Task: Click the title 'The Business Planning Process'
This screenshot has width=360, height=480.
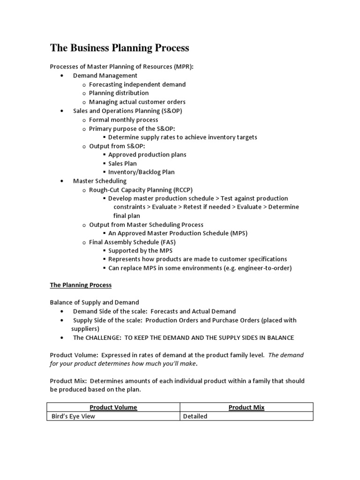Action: tap(120, 48)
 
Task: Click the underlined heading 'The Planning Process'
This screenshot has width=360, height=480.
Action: tap(81, 285)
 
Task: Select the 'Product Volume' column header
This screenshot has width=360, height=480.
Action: tap(113, 407)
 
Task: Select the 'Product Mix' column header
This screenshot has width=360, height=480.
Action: tap(246, 407)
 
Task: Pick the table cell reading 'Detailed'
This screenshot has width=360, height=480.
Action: tap(195, 416)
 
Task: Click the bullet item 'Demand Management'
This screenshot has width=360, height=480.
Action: tap(105, 75)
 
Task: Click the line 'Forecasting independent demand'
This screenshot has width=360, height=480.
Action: tap(137, 84)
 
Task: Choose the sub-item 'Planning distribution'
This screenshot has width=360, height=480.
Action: tap(119, 93)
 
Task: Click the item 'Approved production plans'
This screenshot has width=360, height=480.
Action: tap(147, 155)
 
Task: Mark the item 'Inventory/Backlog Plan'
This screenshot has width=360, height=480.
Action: tap(141, 172)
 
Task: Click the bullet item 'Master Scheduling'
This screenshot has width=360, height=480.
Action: tap(99, 180)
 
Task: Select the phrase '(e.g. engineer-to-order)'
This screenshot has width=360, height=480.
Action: tap(256, 268)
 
